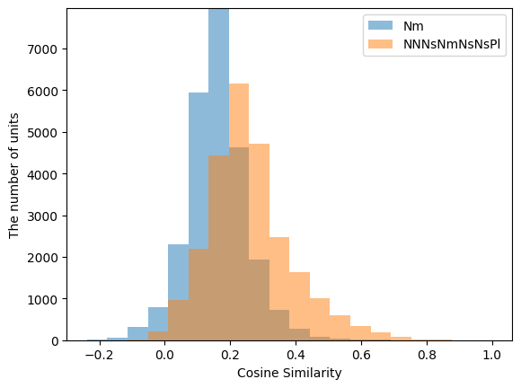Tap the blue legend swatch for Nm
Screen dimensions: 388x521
pos(375,26)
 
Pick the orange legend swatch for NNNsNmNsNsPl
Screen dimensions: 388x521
pos(375,43)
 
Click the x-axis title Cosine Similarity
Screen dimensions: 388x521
pos(289,373)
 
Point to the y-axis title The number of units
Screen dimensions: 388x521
pos(13,174)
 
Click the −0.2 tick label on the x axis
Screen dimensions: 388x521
pos(100,354)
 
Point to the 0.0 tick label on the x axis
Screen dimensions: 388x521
pos(165,354)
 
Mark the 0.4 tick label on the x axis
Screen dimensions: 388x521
pos(296,354)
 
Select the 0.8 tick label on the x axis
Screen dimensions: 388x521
pos(427,354)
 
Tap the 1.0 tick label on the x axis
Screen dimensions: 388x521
pos(492,354)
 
